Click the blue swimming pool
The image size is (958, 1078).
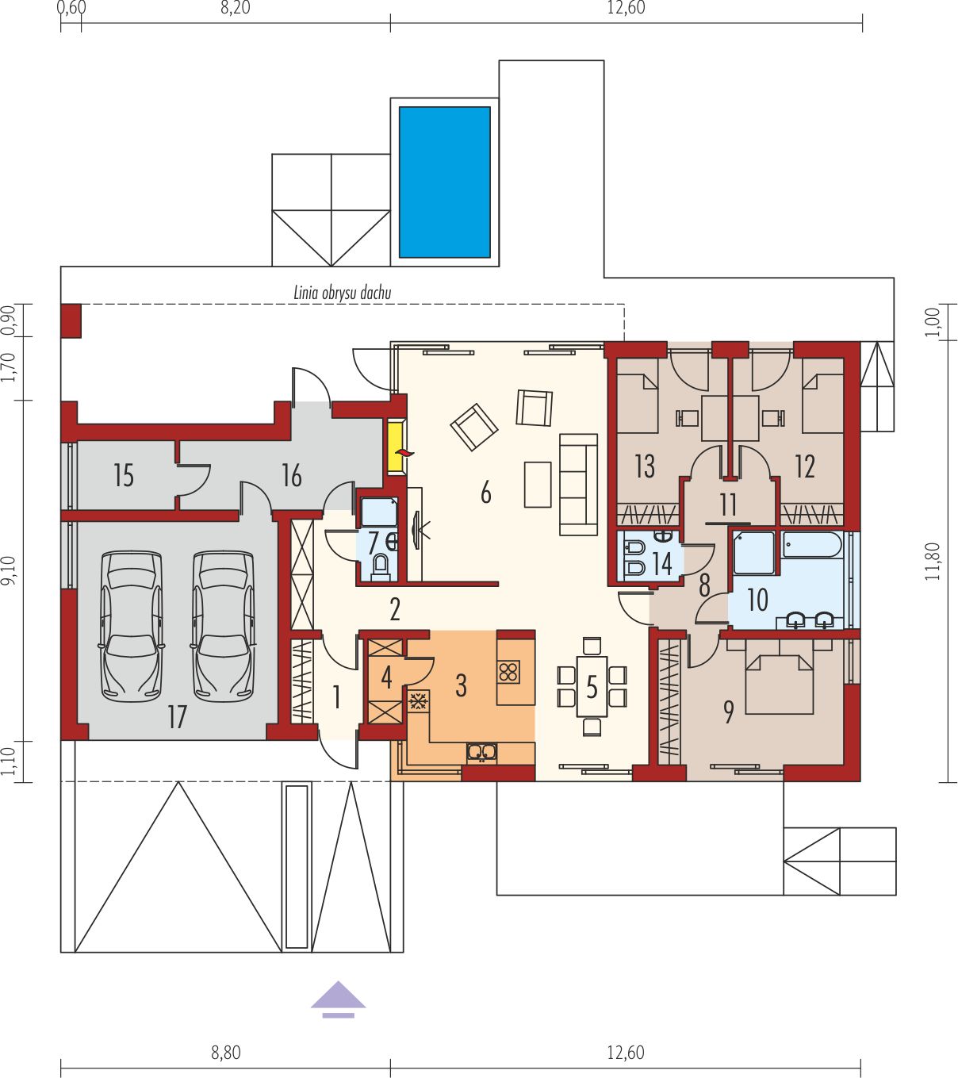coord(445,182)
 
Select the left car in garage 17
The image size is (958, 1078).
coord(131,627)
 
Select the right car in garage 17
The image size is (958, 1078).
coord(223,627)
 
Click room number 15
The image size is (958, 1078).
coord(124,475)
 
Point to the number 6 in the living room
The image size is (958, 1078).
coord(485,493)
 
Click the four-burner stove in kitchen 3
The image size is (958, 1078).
coord(509,672)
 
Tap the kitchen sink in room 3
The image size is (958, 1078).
coord(482,752)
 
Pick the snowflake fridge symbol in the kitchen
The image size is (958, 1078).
coord(419,701)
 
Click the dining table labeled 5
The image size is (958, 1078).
coord(592,687)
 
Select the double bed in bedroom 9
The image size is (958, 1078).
coord(780,676)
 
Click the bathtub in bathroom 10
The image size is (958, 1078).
coord(812,545)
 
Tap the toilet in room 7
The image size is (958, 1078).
coord(381,565)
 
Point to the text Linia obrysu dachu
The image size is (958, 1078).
coord(343,292)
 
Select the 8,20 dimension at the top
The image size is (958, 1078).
coord(236,8)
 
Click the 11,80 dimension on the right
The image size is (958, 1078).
coord(934,562)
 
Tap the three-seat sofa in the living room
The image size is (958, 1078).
coord(579,484)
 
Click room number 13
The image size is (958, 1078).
coord(645,466)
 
